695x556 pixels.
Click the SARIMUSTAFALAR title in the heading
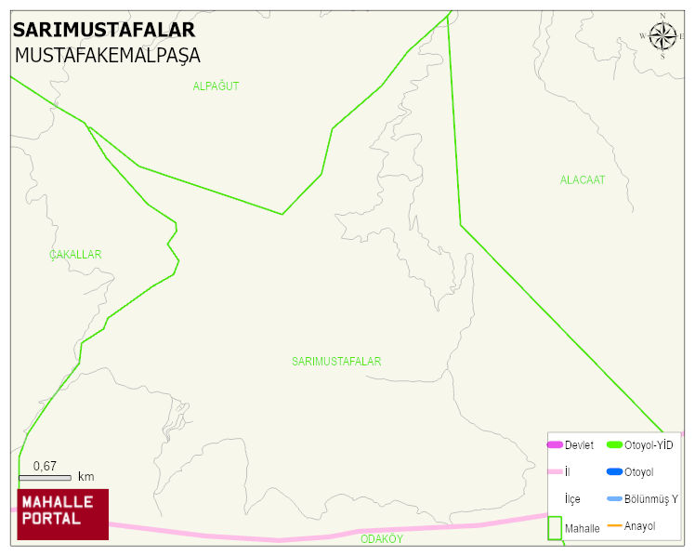click(104, 29)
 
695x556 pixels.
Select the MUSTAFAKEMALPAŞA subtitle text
click(107, 56)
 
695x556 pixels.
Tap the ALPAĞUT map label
click(216, 86)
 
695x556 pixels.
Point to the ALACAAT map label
click(582, 180)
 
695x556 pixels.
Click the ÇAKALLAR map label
click(75, 255)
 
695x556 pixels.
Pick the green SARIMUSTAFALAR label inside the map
click(336, 362)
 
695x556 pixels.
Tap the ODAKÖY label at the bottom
click(381, 539)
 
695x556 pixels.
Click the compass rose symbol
click(662, 36)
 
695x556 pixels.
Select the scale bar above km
click(45, 478)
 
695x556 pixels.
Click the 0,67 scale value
click(45, 466)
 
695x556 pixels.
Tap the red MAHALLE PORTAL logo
click(62, 514)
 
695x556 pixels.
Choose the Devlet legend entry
click(579, 445)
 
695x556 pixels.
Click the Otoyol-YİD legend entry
click(649, 445)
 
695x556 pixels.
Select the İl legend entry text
click(568, 472)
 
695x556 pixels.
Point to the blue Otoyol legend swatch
click(614, 472)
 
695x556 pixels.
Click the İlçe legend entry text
click(572, 499)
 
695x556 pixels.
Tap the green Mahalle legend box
click(555, 527)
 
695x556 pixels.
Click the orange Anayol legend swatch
click(614, 526)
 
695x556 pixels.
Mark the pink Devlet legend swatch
click(555, 445)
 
